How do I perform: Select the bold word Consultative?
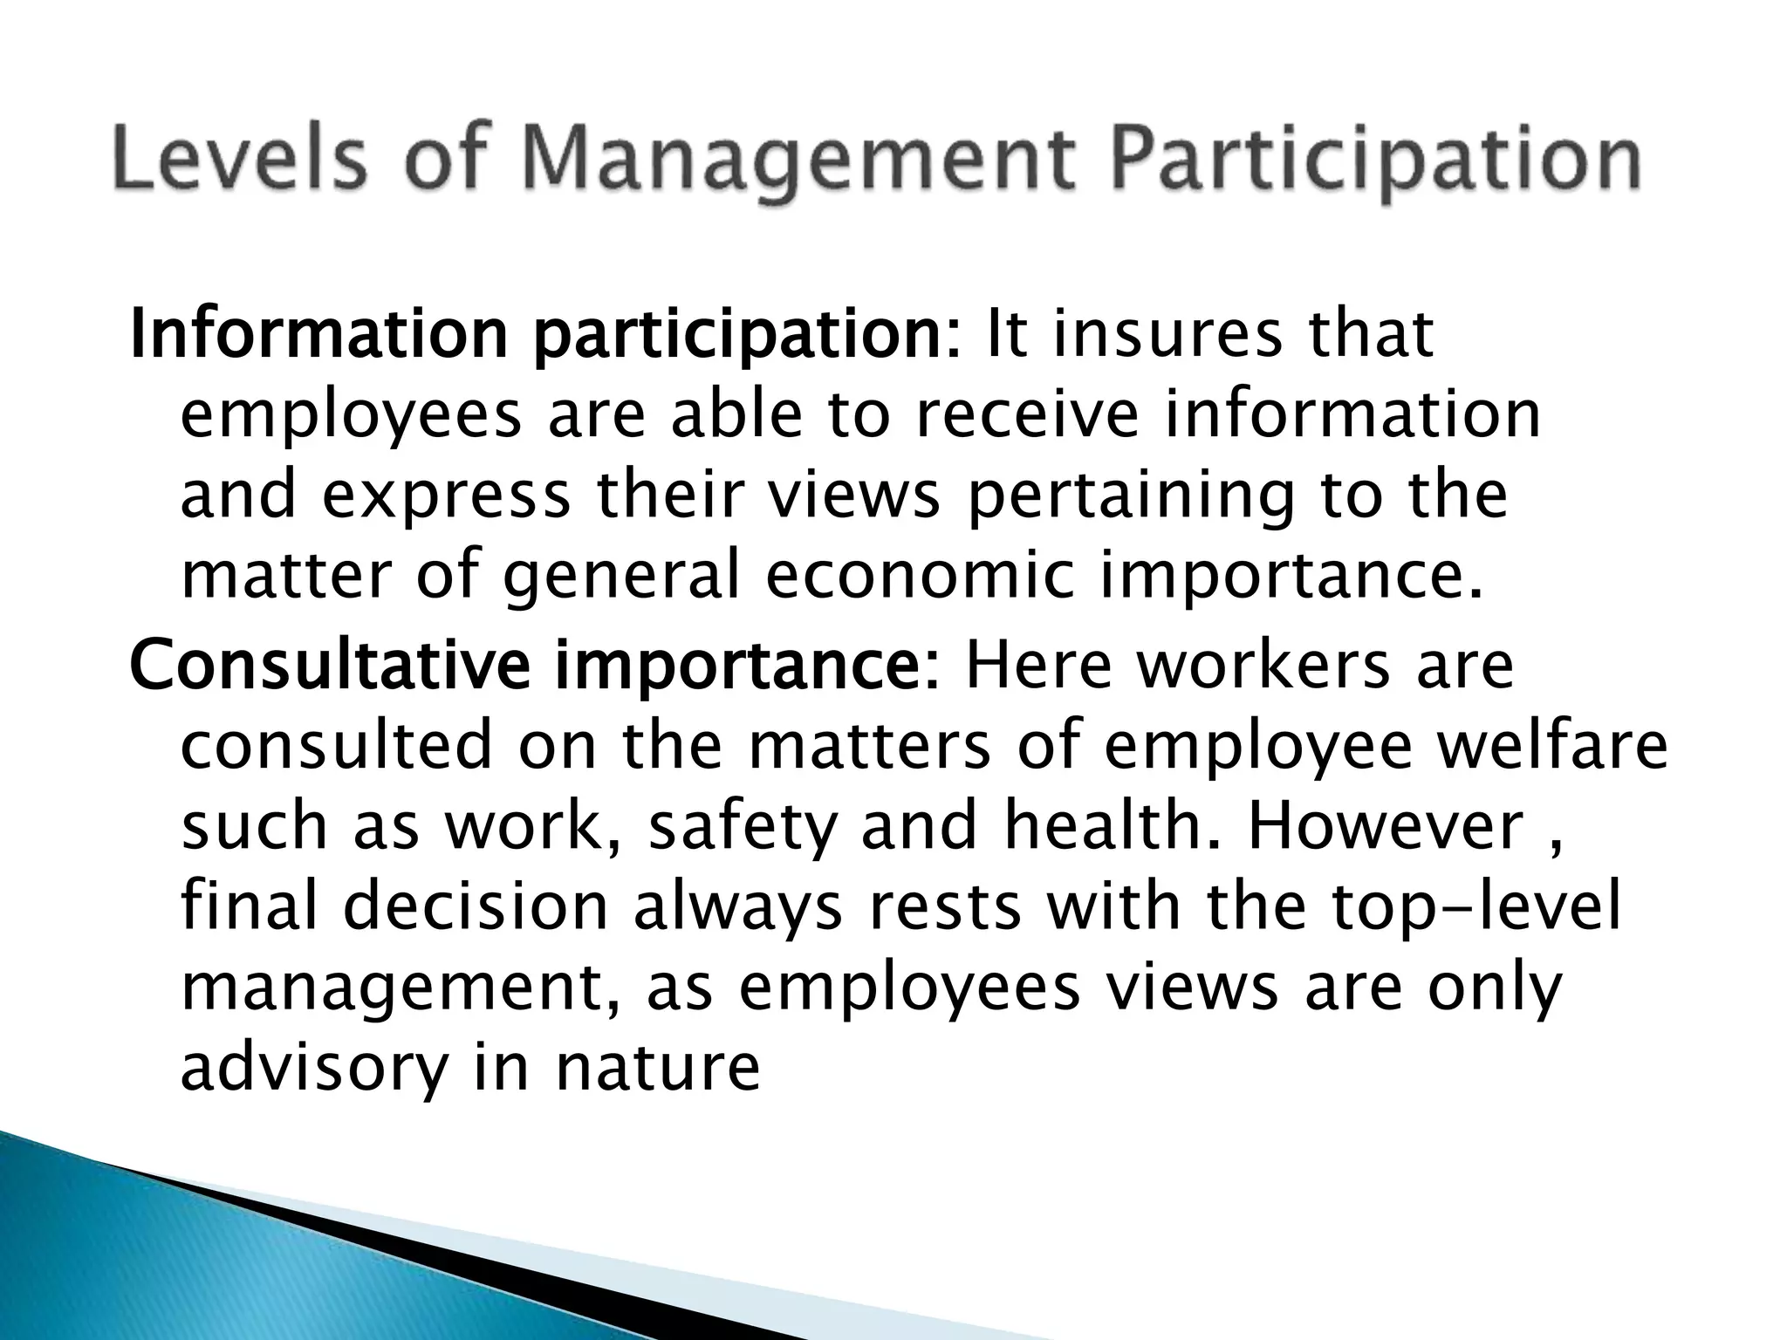tap(329, 665)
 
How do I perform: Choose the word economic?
tap(918, 578)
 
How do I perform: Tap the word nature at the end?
tap(658, 1069)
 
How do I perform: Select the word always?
tap(738, 907)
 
